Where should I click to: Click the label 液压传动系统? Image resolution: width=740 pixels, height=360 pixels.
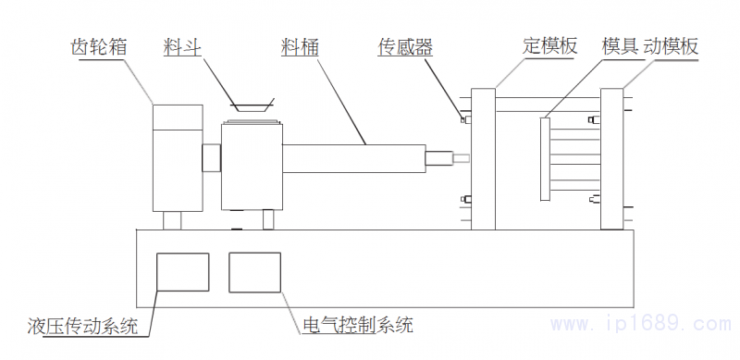point(82,326)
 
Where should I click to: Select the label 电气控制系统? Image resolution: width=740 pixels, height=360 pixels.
point(358,326)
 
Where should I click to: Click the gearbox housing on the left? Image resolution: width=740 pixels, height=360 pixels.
point(177,157)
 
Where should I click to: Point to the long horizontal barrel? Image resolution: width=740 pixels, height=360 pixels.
point(351,157)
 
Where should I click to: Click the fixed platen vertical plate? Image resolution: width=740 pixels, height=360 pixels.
point(483,157)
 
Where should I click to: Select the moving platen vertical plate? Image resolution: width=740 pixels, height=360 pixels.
point(611,157)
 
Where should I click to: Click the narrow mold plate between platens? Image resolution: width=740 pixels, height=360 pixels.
point(546,157)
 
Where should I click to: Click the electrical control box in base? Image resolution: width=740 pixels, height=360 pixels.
point(254,272)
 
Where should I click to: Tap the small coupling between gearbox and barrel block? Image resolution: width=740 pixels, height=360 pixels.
point(212,157)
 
